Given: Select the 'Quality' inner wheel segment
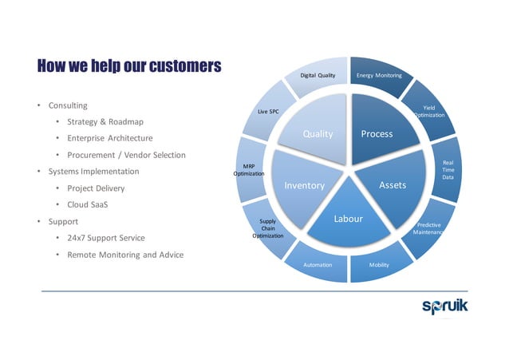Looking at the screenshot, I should [317, 133].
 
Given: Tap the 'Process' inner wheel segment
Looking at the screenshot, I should [377, 133].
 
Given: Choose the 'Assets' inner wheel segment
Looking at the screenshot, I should [392, 185].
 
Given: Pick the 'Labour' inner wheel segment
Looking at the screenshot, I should [348, 219].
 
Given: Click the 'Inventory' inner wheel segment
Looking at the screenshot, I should [304, 185].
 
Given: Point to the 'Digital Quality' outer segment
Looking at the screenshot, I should [318, 75].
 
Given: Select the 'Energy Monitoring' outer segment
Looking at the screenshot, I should [380, 75].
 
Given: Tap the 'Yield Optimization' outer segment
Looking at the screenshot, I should [428, 110].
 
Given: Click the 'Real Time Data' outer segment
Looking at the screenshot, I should [448, 169].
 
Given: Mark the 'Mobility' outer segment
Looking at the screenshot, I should [379, 264].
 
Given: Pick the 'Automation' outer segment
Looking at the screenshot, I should [318, 264].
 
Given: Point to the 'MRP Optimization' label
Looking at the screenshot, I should [248, 169].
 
